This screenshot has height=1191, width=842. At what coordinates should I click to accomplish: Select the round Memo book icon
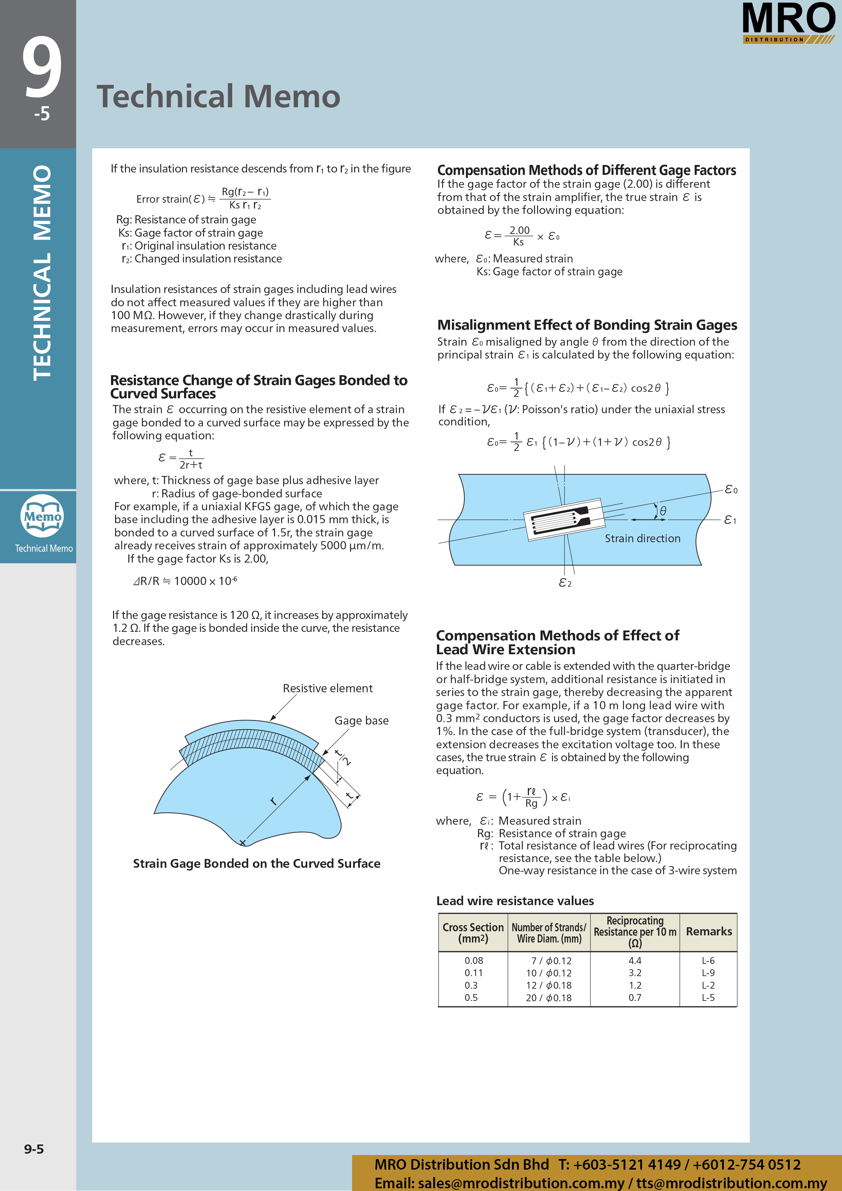click(x=42, y=516)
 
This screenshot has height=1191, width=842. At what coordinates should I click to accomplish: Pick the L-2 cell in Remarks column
click(x=708, y=985)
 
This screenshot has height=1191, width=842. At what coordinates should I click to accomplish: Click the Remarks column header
click(x=709, y=932)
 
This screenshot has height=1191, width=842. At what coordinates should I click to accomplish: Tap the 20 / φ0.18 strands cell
click(x=548, y=997)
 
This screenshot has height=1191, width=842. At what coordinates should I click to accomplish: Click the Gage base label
click(x=361, y=720)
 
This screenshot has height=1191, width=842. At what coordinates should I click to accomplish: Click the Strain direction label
click(x=642, y=538)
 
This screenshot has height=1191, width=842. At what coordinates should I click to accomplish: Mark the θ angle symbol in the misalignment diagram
click(x=662, y=511)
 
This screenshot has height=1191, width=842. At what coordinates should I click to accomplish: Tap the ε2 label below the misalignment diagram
click(x=565, y=583)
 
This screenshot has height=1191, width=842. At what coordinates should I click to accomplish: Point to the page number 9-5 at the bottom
click(x=34, y=1149)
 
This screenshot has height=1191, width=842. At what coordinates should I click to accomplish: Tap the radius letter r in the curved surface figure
click(x=273, y=802)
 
